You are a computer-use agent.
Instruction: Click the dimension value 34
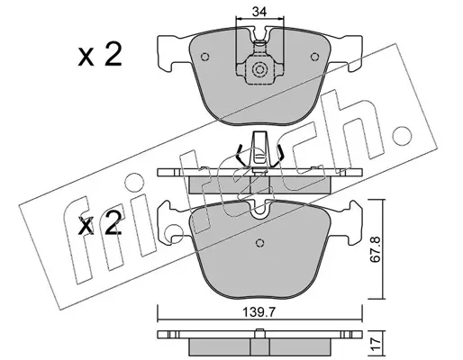(259, 12)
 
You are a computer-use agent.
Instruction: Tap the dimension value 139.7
(259, 312)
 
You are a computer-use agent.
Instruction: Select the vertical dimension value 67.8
(376, 249)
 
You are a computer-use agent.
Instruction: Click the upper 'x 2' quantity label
(100, 54)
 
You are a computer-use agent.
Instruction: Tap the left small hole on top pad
(204, 57)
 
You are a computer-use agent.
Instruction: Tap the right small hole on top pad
(314, 57)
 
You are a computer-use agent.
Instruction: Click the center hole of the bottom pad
(259, 242)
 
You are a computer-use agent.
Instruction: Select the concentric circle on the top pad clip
(259, 69)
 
